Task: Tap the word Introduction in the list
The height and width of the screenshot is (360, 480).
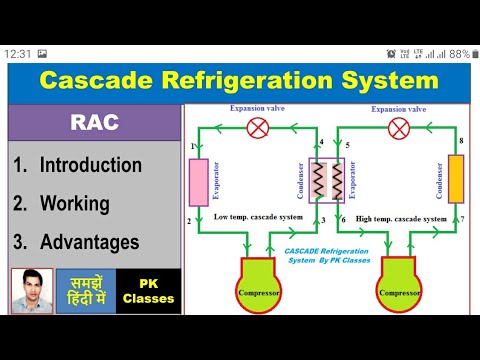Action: click(x=91, y=165)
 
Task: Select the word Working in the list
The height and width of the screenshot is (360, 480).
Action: click(x=75, y=204)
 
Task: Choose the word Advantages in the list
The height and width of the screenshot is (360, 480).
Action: click(x=88, y=242)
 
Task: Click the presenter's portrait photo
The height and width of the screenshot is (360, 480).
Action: click(x=31, y=290)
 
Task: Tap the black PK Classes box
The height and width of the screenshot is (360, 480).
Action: click(x=148, y=290)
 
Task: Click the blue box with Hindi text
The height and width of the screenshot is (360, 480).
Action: click(x=85, y=290)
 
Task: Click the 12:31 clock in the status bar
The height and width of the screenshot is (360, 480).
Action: click(x=18, y=53)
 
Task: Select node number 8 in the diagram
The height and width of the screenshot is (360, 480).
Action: click(x=461, y=143)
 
